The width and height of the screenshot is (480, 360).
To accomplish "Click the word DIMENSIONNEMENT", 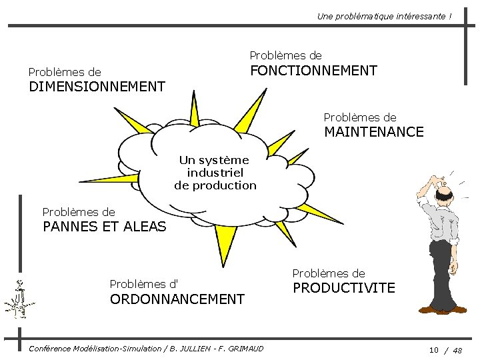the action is (97, 87).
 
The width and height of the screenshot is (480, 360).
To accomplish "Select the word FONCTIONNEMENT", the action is (313, 71).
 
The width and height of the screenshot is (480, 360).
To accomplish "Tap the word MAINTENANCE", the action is (373, 132).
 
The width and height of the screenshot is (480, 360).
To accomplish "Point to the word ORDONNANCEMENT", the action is (177, 300).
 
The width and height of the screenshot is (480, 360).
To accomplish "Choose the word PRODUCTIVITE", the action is (344, 289).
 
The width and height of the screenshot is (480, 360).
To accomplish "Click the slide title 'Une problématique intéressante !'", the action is (384, 15).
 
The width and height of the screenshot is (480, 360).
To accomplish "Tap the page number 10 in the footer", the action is (433, 349).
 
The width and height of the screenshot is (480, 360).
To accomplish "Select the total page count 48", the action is (457, 349).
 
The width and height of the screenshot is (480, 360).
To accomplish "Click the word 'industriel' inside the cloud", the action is (215, 173).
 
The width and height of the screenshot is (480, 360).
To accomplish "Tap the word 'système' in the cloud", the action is (227, 160).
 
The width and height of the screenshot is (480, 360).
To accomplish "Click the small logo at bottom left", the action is (19, 300).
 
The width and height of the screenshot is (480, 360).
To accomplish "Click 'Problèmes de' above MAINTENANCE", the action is (360, 117).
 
